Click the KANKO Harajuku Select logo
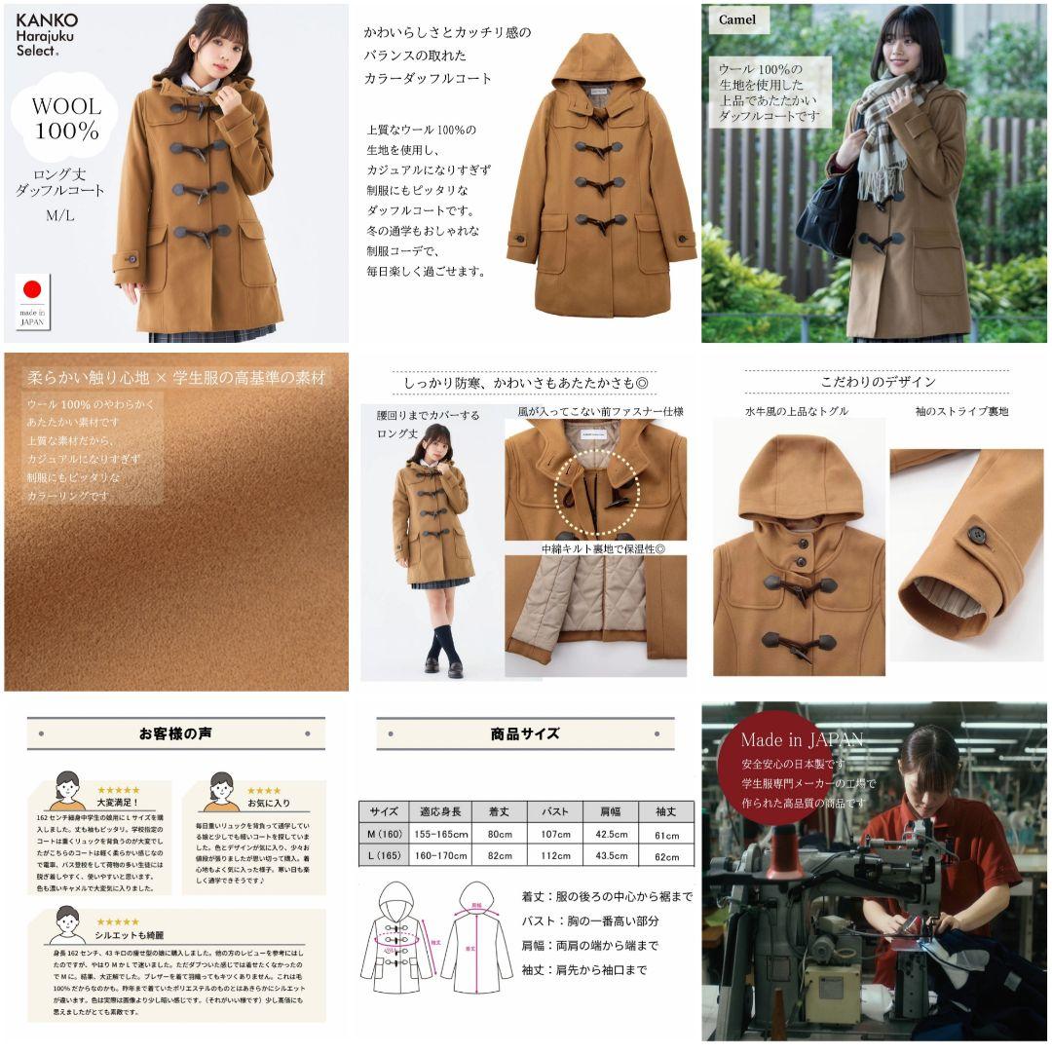(47, 35)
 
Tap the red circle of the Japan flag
(33, 288)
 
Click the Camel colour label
(738, 19)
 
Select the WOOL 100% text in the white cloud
(66, 117)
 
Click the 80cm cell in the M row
(500, 834)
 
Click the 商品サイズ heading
(525, 733)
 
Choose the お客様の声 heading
(175, 733)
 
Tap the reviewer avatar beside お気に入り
(222, 791)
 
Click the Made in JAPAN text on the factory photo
(801, 739)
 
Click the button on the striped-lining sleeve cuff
(975, 534)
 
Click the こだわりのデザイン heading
(877, 381)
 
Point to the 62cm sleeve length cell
(667, 856)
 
